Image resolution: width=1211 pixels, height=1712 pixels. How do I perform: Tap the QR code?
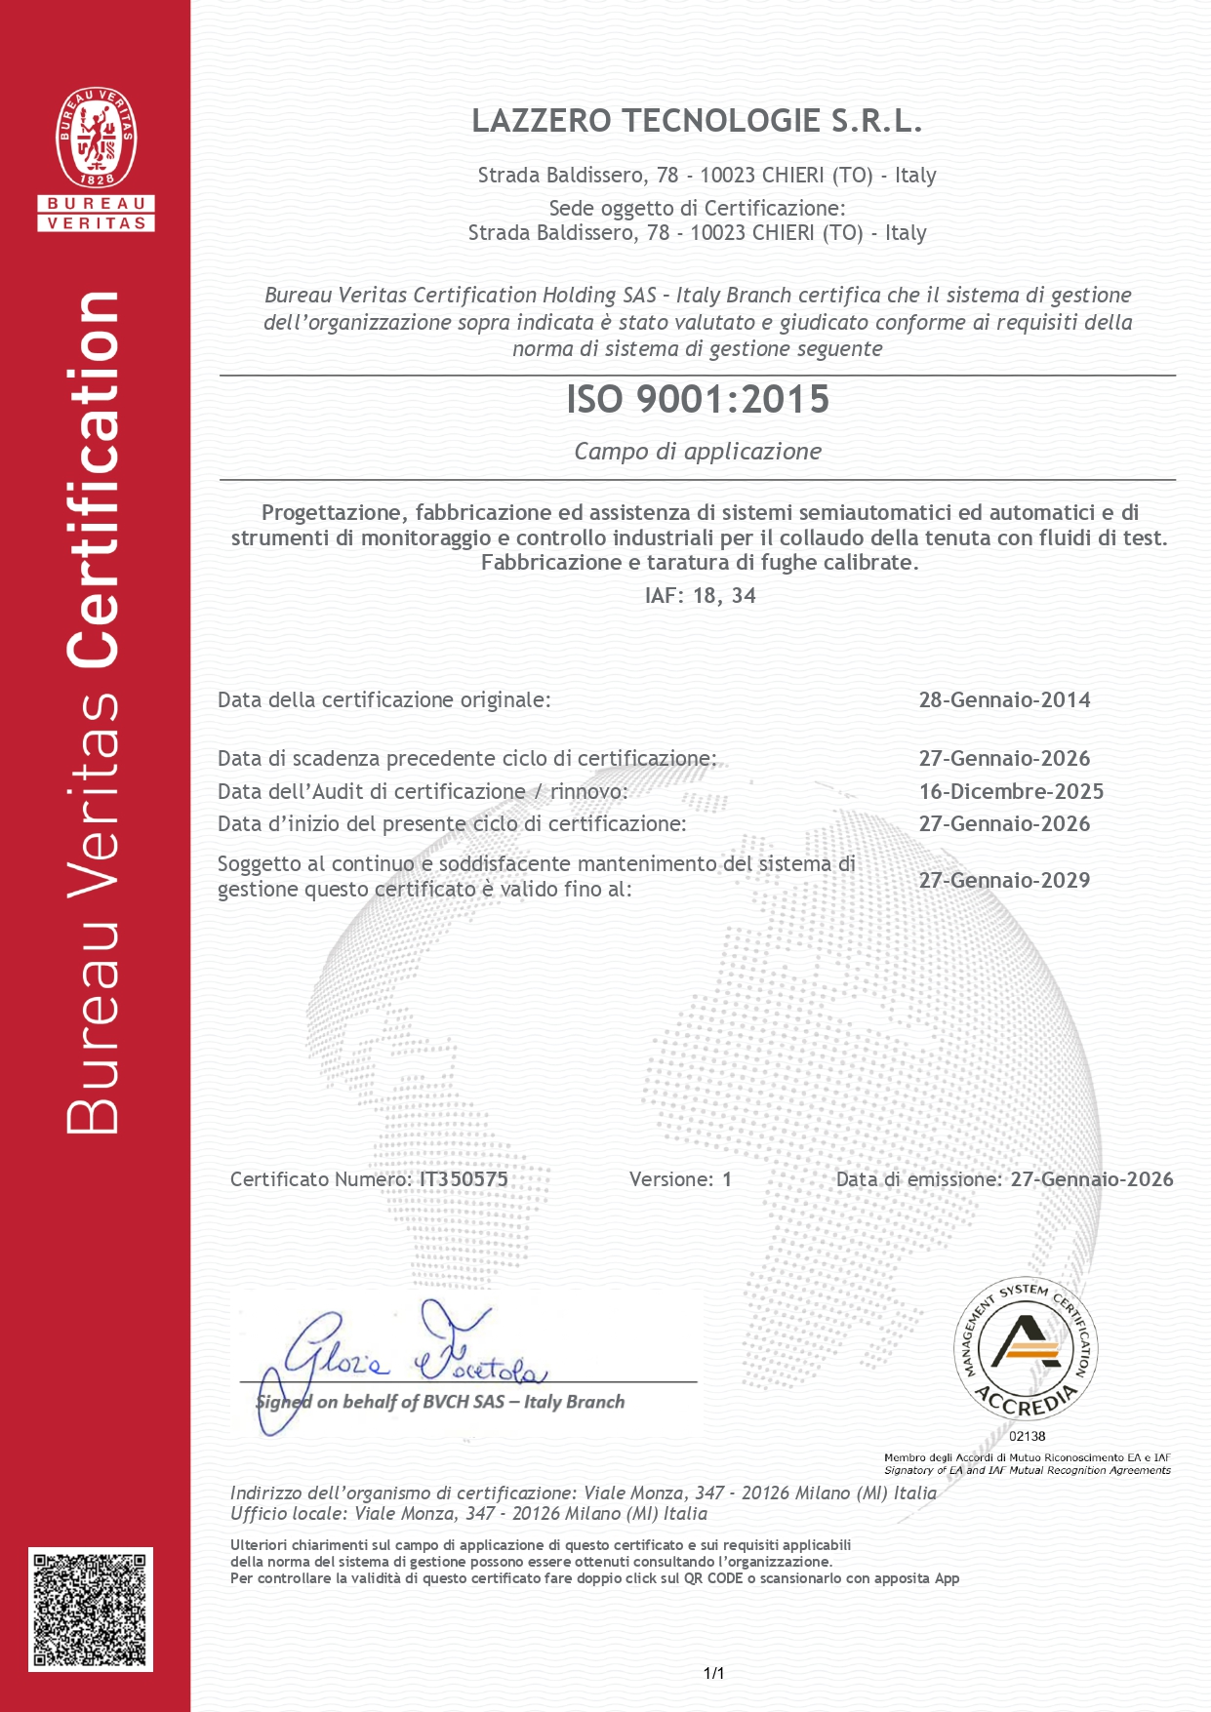tap(90, 1608)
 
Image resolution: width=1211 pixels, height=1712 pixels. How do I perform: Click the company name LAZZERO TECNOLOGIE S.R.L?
tap(697, 121)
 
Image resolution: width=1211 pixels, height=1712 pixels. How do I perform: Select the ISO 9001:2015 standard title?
tap(698, 399)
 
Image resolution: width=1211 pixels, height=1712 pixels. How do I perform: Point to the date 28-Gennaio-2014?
tap(1004, 699)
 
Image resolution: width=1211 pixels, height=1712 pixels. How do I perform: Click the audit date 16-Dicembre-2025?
tap(1011, 791)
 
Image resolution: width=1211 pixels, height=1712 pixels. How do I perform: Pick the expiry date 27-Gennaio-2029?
tap(1004, 880)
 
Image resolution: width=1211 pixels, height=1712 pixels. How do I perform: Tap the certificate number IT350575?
tap(464, 1178)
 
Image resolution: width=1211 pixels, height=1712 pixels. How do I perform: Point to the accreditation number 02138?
tap(1027, 1436)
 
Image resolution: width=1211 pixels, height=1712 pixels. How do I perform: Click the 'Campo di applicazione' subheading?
tap(698, 451)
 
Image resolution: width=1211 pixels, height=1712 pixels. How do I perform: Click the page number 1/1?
tap(713, 1674)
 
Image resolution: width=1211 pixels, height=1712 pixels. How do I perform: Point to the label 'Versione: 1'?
tap(680, 1179)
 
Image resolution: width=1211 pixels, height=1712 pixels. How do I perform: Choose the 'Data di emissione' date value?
tap(1091, 1178)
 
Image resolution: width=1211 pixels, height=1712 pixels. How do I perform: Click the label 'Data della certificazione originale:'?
tap(384, 699)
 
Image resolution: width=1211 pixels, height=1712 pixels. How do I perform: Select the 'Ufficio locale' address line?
tap(468, 1513)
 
